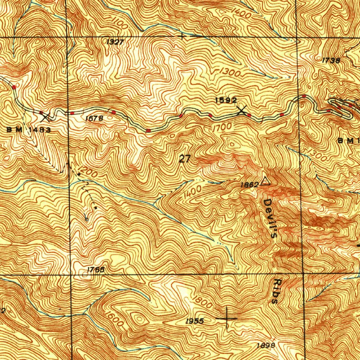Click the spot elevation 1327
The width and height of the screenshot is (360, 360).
pos(115,42)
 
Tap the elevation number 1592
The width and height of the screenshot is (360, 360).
pos(226,101)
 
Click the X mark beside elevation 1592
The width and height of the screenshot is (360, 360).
pos(242,111)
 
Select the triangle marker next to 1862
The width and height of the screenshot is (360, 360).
pos(265,181)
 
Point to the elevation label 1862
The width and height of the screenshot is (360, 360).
pos(250,184)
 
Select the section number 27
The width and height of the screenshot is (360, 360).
pos(185,159)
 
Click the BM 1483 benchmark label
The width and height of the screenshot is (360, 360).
pos(29,130)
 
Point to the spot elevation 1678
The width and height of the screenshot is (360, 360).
pos(94,119)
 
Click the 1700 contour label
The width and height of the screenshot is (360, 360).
pos(222,127)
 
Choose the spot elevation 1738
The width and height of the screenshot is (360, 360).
pos(331,60)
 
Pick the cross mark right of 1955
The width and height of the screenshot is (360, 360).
pos(226,318)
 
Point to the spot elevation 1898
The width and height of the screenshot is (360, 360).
pos(265,345)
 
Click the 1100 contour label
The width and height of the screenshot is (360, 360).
pos(120,24)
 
